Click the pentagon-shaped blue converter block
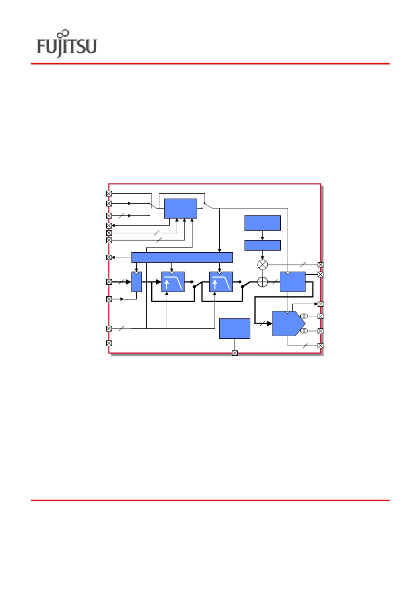(x=289, y=324)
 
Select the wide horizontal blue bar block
(x=182, y=257)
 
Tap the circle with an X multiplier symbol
(x=262, y=264)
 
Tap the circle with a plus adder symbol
(x=262, y=282)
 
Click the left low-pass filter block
(x=173, y=282)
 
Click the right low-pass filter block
(x=221, y=282)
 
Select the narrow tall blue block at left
(x=136, y=282)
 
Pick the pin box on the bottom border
(x=235, y=353)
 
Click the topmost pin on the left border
(x=109, y=193)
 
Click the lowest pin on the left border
(x=109, y=343)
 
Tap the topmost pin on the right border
(x=321, y=265)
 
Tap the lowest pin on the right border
(x=321, y=345)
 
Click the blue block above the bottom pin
(x=235, y=328)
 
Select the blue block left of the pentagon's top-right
(x=292, y=282)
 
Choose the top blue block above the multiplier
(x=262, y=223)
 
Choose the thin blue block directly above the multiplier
(x=262, y=245)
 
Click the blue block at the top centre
(x=180, y=209)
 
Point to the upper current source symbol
(x=304, y=316)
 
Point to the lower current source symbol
(x=304, y=331)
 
